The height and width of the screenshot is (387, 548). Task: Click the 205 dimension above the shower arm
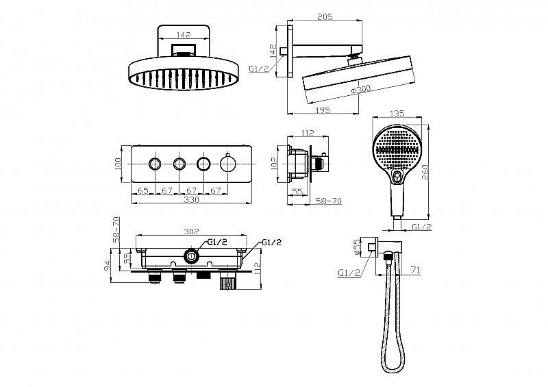coord(325,16)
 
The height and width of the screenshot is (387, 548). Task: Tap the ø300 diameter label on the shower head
coord(360,89)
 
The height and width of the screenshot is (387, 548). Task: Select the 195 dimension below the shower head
coord(323,110)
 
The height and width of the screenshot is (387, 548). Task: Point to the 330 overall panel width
coord(191,199)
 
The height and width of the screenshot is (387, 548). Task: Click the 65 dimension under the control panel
coord(143,190)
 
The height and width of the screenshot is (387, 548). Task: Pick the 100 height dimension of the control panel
coord(117,164)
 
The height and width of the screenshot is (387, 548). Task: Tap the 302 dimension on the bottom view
coord(191,231)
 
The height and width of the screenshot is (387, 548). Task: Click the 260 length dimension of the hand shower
coord(425,172)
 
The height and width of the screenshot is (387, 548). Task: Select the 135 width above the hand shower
coord(397,113)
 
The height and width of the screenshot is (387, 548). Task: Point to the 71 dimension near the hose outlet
coord(415,270)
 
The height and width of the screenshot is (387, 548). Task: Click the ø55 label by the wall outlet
coord(357,247)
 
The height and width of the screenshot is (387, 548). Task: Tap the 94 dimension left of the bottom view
coord(108,266)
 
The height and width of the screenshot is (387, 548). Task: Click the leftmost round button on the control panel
coord(155,164)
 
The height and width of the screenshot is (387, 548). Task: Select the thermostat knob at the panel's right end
coord(227,163)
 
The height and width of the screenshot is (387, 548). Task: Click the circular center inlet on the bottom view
coord(191,256)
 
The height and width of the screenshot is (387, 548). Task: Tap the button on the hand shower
coord(396,177)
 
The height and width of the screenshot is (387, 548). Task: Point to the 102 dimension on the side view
coord(274,164)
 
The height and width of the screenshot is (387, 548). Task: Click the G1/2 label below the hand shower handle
coord(421,227)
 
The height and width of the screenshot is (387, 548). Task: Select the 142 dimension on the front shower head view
coord(184,35)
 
